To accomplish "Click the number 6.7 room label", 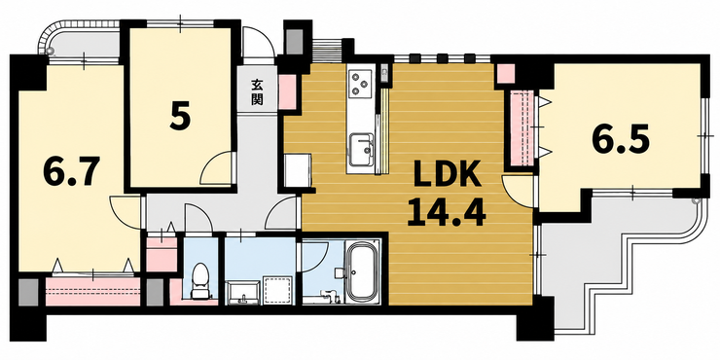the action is pyautogui.click(x=72, y=171).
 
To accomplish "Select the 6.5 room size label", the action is pyautogui.click(x=621, y=139).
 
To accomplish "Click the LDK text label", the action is pyautogui.click(x=448, y=173).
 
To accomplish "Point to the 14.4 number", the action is pyautogui.click(x=447, y=212).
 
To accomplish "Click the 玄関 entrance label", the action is pyautogui.click(x=257, y=92).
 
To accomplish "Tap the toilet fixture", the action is pyautogui.click(x=199, y=281).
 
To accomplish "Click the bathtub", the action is pyautogui.click(x=362, y=272).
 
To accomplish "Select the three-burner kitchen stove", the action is pyautogui.click(x=360, y=83).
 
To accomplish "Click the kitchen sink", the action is pyautogui.click(x=362, y=150).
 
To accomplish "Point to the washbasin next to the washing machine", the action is pyautogui.click(x=241, y=293).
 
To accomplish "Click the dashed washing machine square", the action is pyautogui.click(x=277, y=290).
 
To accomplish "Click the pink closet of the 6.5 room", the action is pyautogui.click(x=522, y=127).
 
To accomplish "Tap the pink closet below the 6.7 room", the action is pyautogui.click(x=92, y=291).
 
